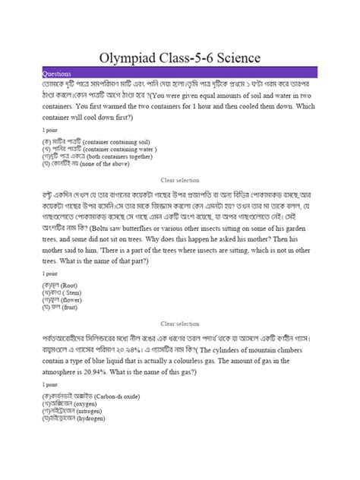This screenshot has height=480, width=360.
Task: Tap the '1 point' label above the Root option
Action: click(x=49, y=273)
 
